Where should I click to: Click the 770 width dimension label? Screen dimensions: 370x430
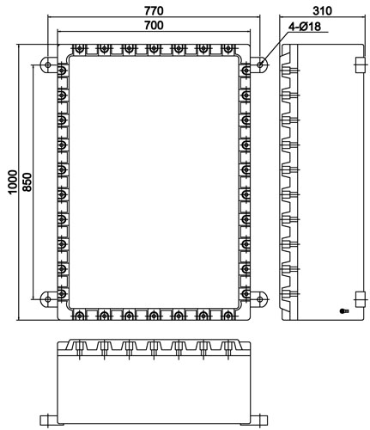[x=154, y=11]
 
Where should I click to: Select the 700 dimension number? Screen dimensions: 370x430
[x=154, y=25]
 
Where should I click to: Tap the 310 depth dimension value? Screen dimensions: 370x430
[x=322, y=11]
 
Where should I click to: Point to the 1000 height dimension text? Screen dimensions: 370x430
[x=13, y=182]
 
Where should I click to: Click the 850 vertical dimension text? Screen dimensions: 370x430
[x=27, y=182]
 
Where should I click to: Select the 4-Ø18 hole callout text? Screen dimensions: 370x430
[x=305, y=27]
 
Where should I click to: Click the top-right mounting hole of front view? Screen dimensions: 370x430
[x=259, y=64]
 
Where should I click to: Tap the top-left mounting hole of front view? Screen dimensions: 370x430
[x=48, y=64]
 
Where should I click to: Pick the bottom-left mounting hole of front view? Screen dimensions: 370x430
[x=48, y=299]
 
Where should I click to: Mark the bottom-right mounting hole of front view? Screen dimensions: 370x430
[x=259, y=299]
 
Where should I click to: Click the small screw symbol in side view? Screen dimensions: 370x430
[x=343, y=310]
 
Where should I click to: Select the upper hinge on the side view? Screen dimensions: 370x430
[x=361, y=64]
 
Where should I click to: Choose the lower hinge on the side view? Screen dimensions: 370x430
[x=361, y=299]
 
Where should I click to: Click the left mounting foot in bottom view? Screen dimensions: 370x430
[x=49, y=421]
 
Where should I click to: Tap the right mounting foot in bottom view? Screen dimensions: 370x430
[x=259, y=421]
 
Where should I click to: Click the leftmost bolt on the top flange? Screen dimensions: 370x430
[x=80, y=49]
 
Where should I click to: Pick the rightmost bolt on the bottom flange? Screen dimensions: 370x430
[x=227, y=316]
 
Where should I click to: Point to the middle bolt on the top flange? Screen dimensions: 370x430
[x=154, y=49]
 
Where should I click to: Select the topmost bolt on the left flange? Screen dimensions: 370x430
[x=62, y=70]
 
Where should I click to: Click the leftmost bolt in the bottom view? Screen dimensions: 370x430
[x=80, y=349]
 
